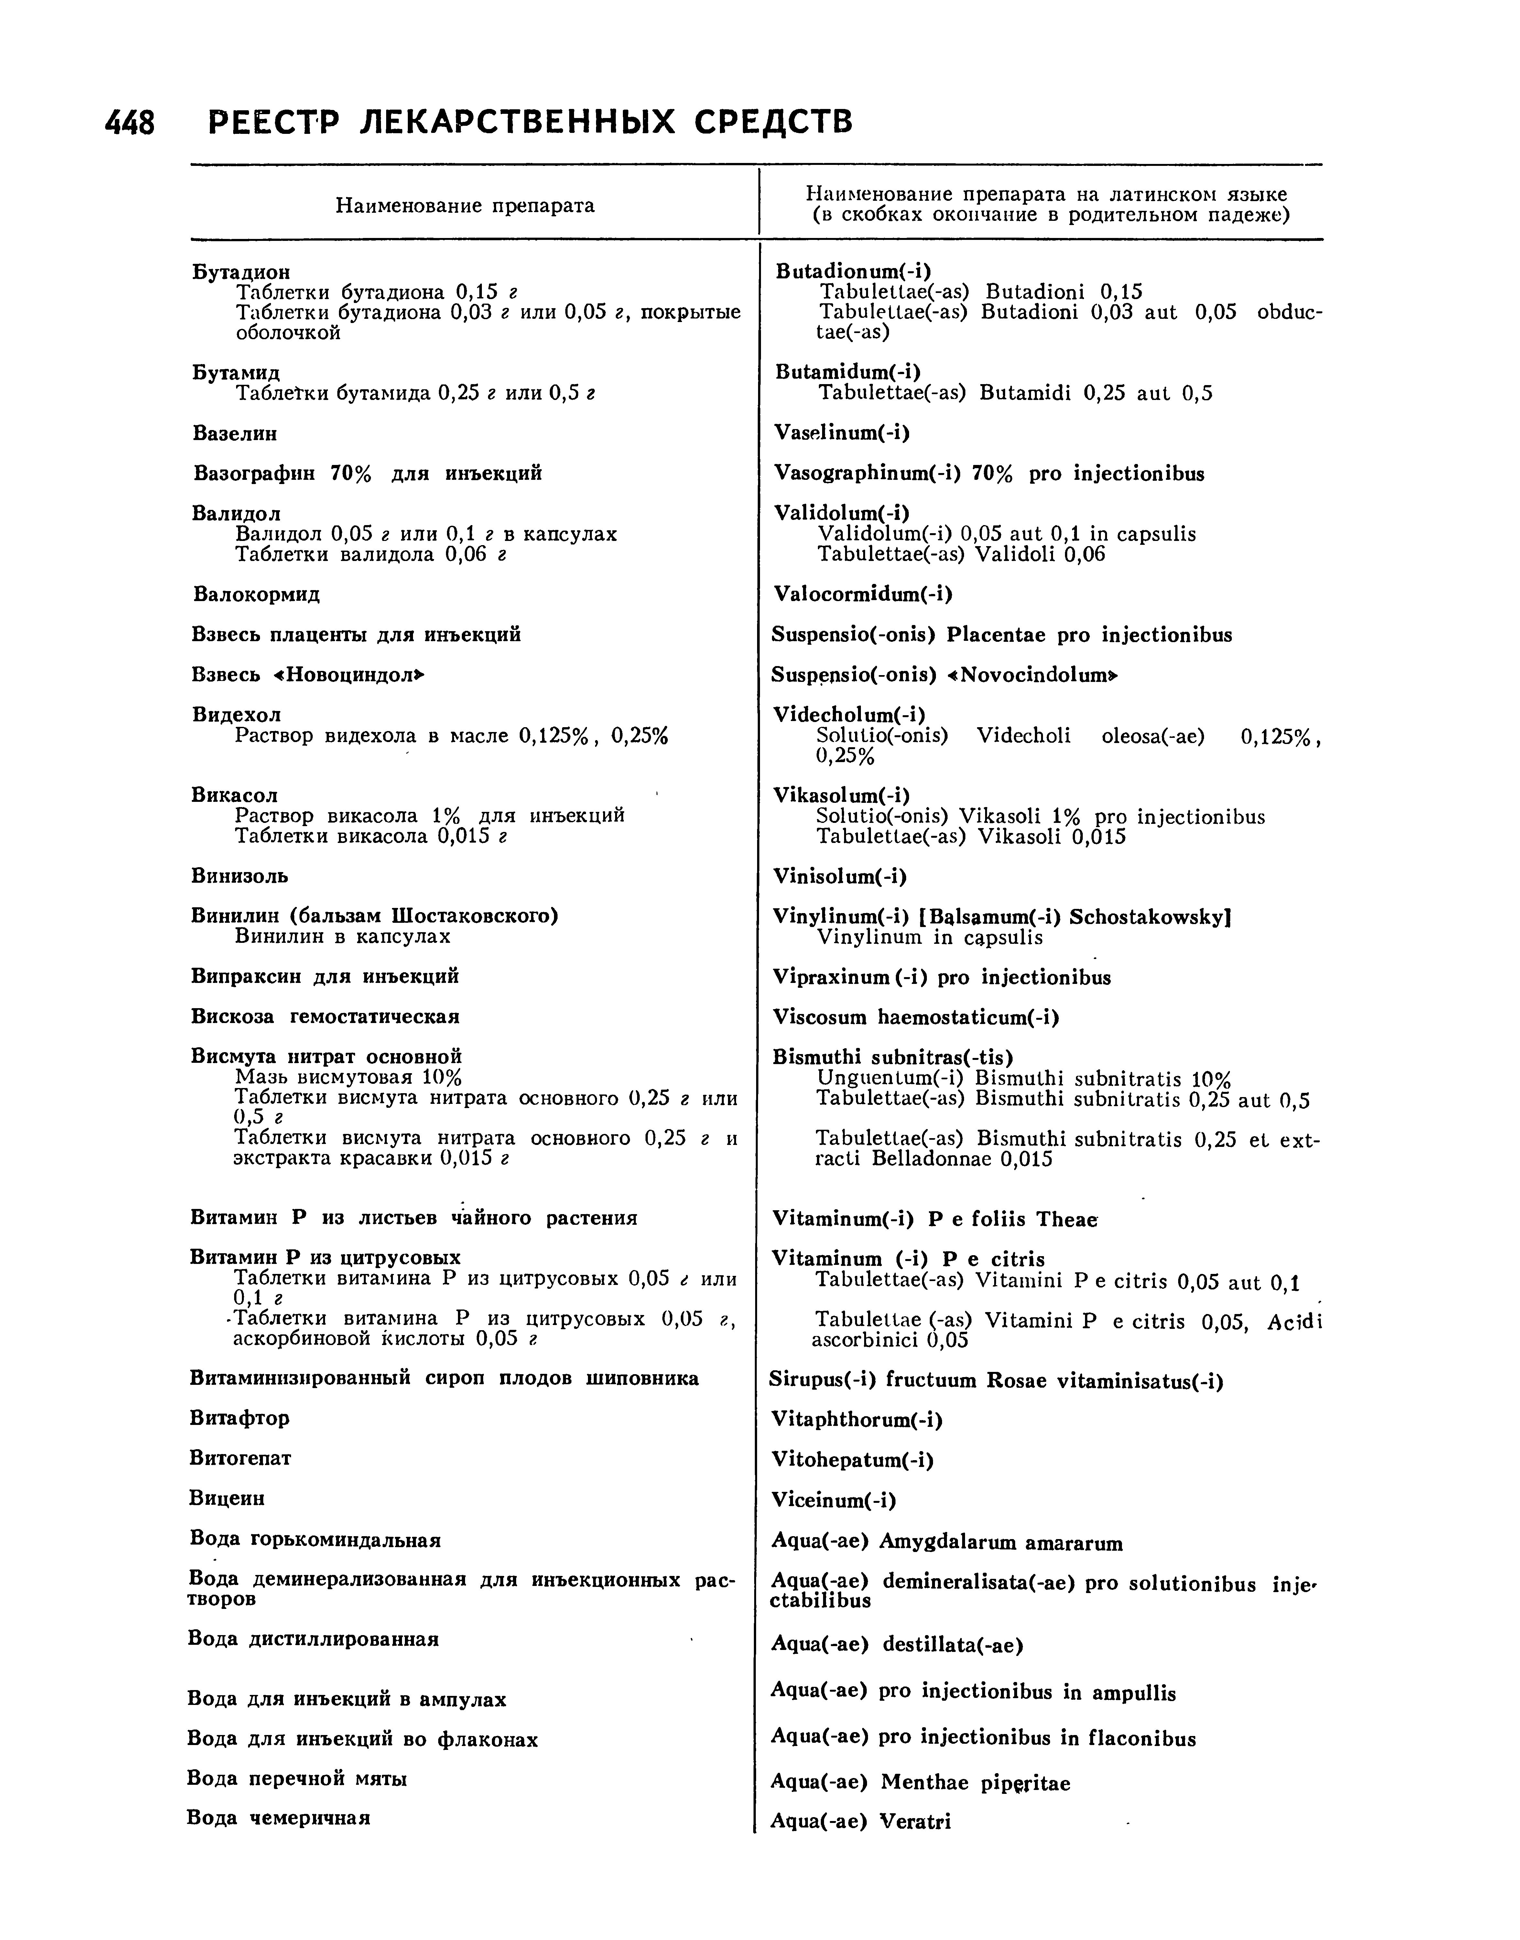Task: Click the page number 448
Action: click(x=130, y=123)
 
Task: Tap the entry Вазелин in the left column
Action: click(x=235, y=433)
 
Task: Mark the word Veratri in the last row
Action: click(x=915, y=1822)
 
